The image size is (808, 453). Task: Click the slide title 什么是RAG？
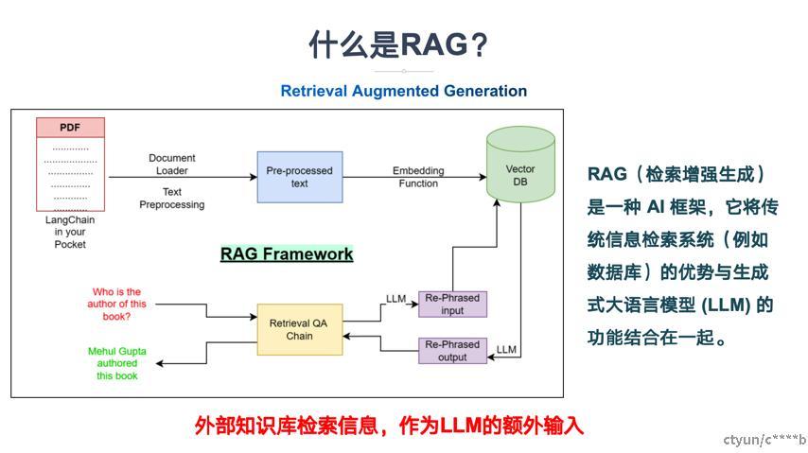click(403, 44)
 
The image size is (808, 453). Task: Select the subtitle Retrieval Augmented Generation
click(403, 91)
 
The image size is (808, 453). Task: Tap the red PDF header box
click(70, 128)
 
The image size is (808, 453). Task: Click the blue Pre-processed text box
click(299, 177)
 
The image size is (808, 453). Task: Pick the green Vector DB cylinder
click(520, 165)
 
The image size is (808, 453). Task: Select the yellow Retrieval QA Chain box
click(299, 329)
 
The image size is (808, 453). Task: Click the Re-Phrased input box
click(453, 304)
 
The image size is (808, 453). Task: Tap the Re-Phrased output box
click(453, 350)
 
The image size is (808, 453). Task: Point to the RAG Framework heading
click(287, 253)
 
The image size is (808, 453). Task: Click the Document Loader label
click(172, 165)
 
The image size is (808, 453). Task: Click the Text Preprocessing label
click(172, 199)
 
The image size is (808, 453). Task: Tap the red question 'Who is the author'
click(118, 304)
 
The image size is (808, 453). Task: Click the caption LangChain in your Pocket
click(70, 232)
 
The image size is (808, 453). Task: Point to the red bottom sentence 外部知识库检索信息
click(389, 426)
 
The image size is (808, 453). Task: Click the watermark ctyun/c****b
click(764, 440)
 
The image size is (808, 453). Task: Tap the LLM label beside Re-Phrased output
click(506, 350)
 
